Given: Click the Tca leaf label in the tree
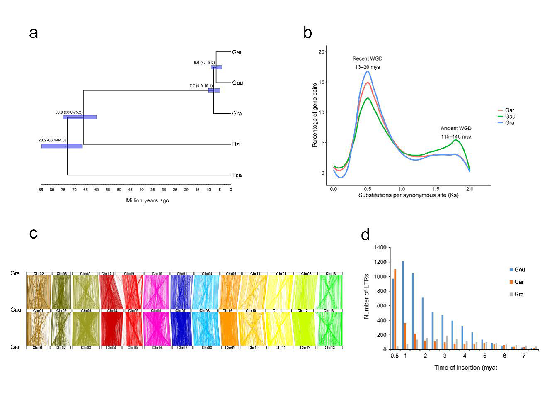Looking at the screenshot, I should (x=237, y=175).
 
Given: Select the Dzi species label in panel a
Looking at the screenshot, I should (x=237, y=144).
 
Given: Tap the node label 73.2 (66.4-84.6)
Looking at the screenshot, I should (x=52, y=140).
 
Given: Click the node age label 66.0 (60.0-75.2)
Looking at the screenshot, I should (x=69, y=112).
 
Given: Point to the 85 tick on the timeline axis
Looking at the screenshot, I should (x=41, y=190).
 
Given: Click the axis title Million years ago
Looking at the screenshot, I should (x=148, y=201).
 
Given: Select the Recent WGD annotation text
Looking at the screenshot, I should (x=367, y=58).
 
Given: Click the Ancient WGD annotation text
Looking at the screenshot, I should (x=456, y=128).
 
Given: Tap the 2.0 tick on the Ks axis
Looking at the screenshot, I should (x=470, y=189).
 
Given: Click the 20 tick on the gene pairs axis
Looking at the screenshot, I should (x=322, y=52).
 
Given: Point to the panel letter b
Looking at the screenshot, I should (x=307, y=32).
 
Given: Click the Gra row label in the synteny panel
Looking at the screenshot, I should (x=15, y=273).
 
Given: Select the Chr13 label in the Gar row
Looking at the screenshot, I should (x=329, y=348).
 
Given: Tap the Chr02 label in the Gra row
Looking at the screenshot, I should (x=39, y=274).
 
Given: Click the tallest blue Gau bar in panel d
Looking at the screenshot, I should (x=403, y=305).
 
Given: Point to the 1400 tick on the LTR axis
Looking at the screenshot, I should (x=380, y=248).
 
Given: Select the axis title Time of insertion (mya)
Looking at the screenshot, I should (x=465, y=368).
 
